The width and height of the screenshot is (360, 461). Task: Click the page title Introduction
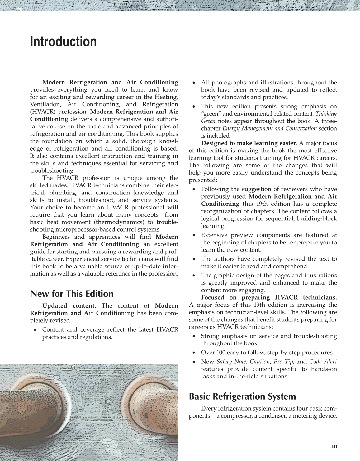[x=63, y=42]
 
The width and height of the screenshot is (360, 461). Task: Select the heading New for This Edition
[x=72, y=294]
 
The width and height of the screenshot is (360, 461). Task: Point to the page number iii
[x=334, y=446]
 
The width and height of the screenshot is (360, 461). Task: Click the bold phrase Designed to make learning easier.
[x=249, y=143]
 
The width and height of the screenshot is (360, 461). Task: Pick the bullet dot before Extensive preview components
[x=194, y=235]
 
